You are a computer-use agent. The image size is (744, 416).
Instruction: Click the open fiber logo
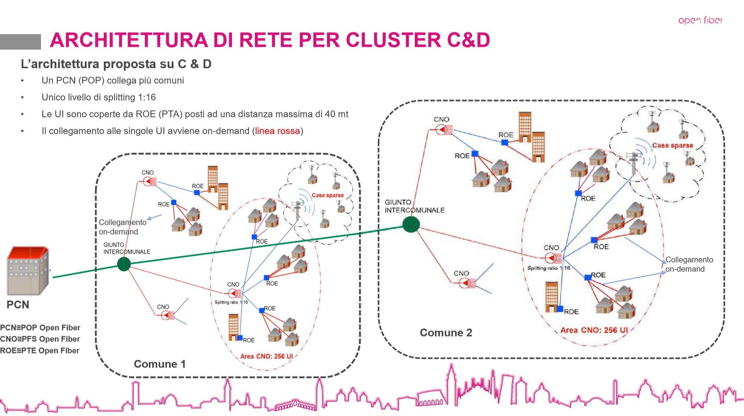[x=700, y=20]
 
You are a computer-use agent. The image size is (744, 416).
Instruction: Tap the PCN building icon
[x=28, y=271]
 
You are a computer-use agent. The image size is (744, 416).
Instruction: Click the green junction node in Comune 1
[x=124, y=264]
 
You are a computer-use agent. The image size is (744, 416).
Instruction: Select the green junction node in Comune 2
[x=411, y=224]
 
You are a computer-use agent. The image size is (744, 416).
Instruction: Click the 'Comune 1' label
[x=159, y=364]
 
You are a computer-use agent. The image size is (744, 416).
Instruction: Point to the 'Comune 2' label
[x=446, y=332]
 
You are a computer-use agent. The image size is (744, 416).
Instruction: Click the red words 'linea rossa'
[x=277, y=131]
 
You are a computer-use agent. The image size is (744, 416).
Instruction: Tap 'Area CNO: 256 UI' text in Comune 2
[x=594, y=330]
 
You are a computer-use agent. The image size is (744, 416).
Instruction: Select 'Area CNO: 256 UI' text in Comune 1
[x=266, y=356]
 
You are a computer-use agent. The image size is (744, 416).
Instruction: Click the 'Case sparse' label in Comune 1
[x=327, y=195]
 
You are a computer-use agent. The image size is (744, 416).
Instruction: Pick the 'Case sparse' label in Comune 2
[x=672, y=145]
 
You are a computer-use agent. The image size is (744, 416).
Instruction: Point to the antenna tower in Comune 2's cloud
[x=634, y=163]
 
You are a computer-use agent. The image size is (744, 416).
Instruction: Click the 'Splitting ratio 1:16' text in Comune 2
[x=548, y=268]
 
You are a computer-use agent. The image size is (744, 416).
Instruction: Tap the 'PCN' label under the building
[x=18, y=304]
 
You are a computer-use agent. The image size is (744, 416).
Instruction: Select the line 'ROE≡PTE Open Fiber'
[x=40, y=351]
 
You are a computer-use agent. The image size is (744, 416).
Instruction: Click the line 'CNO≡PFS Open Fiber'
[x=40, y=339]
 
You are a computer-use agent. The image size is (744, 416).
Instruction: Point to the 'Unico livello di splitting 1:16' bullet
[x=99, y=97]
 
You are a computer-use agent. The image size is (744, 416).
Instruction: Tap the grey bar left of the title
[x=20, y=41]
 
